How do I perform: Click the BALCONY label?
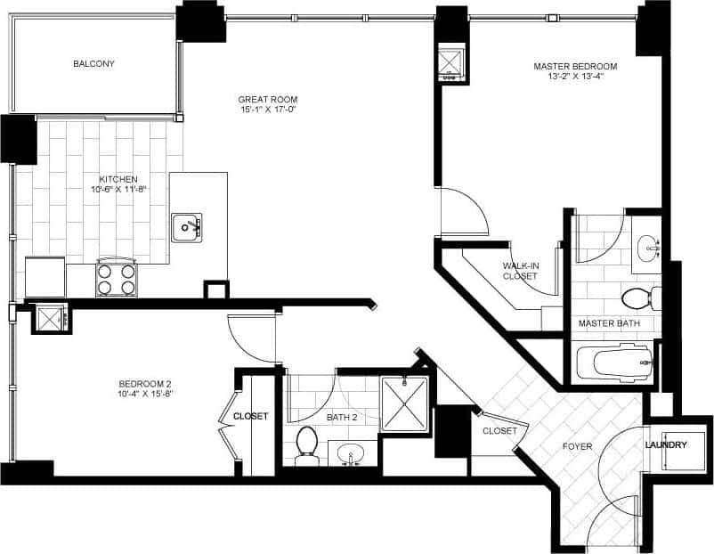tap(93, 64)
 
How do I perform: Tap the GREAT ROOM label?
tap(267, 99)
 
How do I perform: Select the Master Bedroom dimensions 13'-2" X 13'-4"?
tap(575, 77)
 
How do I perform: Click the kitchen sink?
tap(187, 227)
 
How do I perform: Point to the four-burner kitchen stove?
tap(116, 277)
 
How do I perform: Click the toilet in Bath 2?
tap(307, 443)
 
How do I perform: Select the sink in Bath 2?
tap(352, 453)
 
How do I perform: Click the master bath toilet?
tap(640, 297)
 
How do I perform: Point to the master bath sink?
tap(647, 246)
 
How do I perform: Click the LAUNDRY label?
tap(666, 445)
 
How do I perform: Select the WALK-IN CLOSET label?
tap(520, 271)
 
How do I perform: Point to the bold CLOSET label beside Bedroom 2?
tap(251, 416)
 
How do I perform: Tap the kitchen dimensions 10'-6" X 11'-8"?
tap(118, 189)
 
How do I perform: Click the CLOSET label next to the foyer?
tap(499, 431)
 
